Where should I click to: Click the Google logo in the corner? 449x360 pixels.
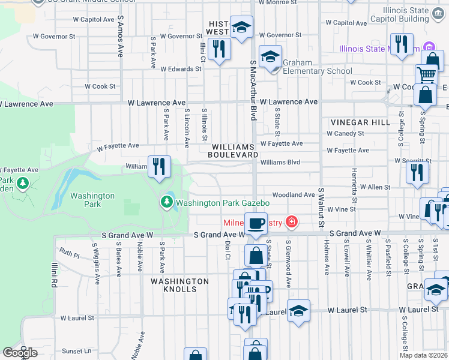pos(20,352)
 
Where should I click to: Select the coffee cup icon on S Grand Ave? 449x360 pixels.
pos(256,224)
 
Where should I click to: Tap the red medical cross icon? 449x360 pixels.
pos(292,223)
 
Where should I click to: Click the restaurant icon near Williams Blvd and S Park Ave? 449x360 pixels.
pos(159,167)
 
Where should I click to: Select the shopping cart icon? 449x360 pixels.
pos(426,75)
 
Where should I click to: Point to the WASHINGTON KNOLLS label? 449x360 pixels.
pos(180,285)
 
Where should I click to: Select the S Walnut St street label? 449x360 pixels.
pos(321,208)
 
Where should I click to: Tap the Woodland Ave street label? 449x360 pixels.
pos(293,195)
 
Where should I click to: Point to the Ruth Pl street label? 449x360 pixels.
pos(68,254)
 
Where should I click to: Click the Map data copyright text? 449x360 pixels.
pos(423,355)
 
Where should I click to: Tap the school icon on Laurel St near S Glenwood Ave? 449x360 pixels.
pos(298,311)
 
